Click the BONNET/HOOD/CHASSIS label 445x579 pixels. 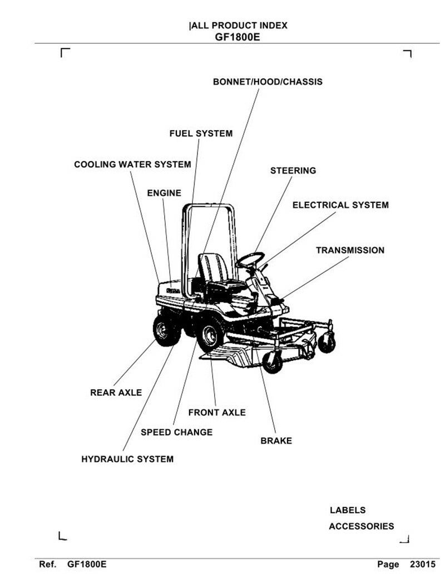pos(268,82)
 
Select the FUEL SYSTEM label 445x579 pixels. pos(201,133)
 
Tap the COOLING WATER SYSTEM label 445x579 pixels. pos(132,165)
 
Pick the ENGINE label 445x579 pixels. pos(164,193)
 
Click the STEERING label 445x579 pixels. pos(293,171)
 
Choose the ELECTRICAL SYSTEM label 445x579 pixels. pos(340,205)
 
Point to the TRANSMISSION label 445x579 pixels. pos(350,250)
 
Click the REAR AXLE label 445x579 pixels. pos(116,393)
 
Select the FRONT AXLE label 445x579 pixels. pos(217,413)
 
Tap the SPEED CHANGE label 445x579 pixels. pos(176,432)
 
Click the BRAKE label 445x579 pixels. pos(276,441)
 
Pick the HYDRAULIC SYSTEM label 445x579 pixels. pos(127,459)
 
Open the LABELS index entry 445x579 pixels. pos(348,510)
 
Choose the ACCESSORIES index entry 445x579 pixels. pos(361,526)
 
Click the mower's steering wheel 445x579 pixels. pos(250,259)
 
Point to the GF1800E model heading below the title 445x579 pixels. pos(238,37)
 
